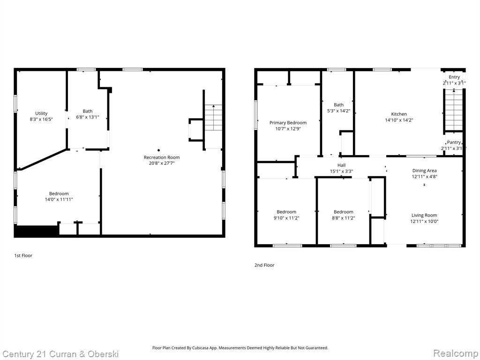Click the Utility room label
(x=41, y=113)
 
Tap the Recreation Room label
(x=162, y=157)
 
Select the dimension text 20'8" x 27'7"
(x=162, y=163)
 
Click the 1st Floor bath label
(x=88, y=111)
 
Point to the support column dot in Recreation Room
(x=158, y=150)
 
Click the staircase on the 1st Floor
(x=213, y=118)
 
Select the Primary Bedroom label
(x=288, y=123)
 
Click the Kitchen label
(x=399, y=114)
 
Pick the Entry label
(x=454, y=77)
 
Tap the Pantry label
(x=454, y=142)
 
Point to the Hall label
(x=341, y=165)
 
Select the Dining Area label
(x=424, y=171)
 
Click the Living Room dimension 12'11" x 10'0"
(x=424, y=221)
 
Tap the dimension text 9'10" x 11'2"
(x=286, y=218)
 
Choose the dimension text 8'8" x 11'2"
(x=343, y=218)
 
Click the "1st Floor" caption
(x=23, y=255)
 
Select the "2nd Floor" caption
(x=264, y=265)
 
